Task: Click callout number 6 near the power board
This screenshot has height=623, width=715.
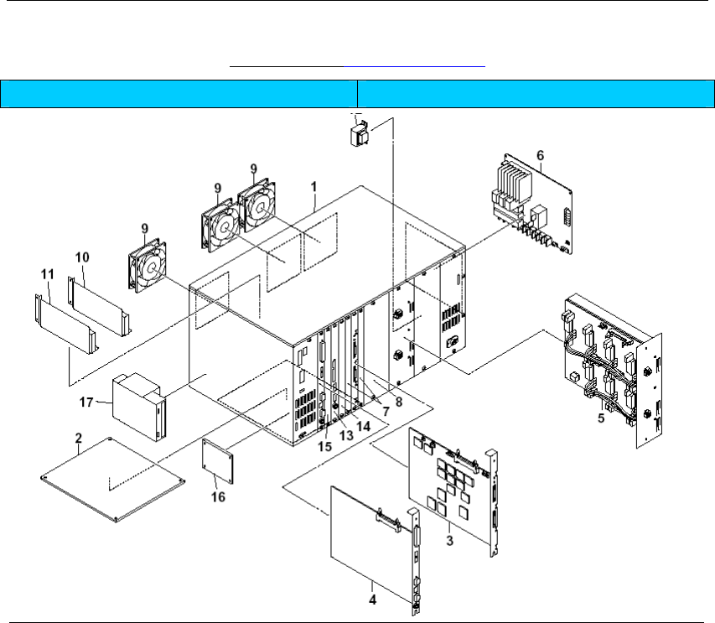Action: (541, 155)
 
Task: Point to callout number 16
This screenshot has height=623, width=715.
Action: (221, 481)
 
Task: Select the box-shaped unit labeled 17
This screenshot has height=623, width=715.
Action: (138, 408)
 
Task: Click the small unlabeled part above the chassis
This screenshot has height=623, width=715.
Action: (359, 133)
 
